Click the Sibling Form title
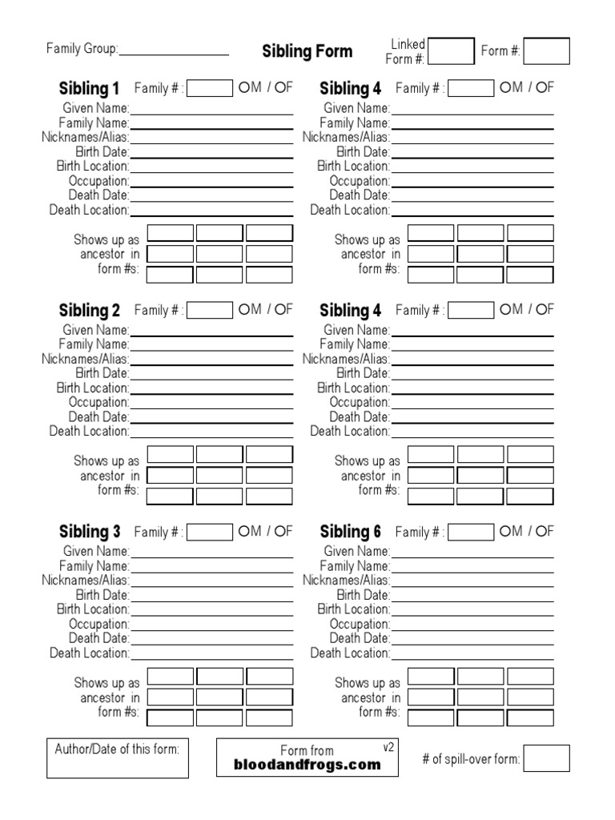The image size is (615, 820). point(307,51)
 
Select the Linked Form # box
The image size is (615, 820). point(452,51)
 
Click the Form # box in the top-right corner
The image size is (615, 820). point(547,51)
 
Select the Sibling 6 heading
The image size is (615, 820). point(351,532)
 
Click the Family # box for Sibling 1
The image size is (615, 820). point(210,88)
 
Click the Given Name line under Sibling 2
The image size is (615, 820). point(211,331)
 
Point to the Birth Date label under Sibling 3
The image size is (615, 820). point(102,595)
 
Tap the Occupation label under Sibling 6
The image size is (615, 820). point(360,624)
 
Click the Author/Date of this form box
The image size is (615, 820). point(118,758)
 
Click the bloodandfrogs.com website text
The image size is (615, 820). point(307,765)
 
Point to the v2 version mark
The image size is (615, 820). point(388,747)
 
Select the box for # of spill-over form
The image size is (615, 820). point(547,758)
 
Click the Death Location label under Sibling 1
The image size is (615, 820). point(89,210)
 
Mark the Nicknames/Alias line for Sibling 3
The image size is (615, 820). point(211,581)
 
